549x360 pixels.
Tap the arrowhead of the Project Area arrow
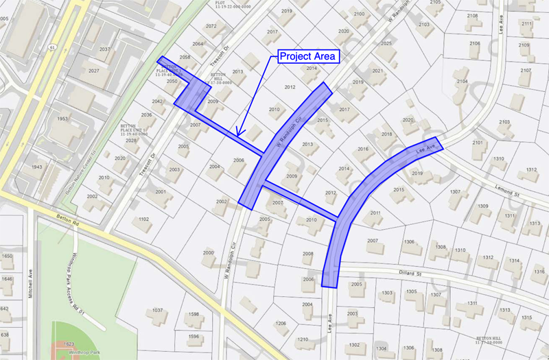237,134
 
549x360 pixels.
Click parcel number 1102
143,219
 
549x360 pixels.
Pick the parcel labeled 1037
157,311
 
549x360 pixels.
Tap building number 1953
63,119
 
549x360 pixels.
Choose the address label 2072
211,26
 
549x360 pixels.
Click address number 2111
526,24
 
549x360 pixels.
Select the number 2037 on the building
104,49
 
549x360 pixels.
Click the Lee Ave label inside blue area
426,149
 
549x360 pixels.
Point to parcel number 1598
194,314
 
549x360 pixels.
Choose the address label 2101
478,143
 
